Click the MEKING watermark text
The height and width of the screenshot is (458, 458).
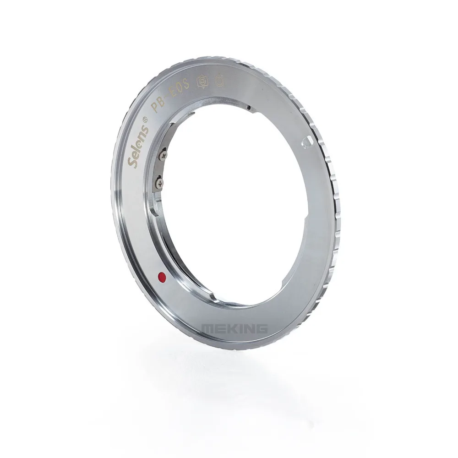point(234,329)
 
